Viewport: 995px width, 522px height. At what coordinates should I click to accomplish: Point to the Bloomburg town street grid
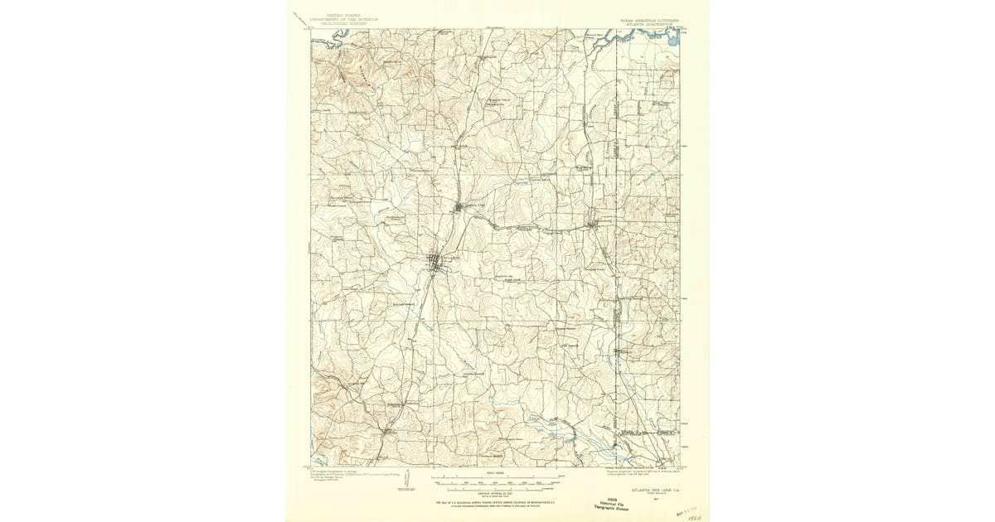[x=592, y=223]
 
